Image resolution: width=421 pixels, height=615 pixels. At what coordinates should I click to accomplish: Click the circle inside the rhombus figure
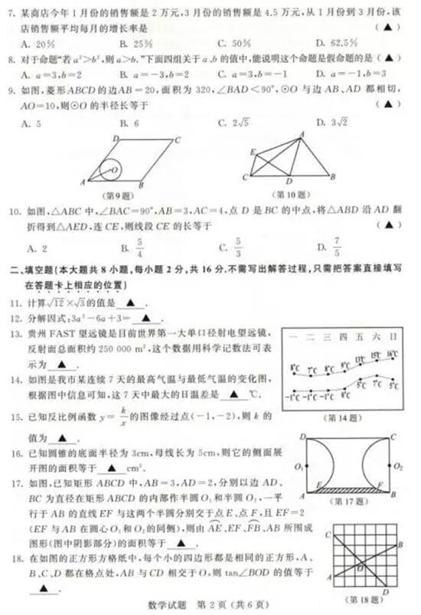click(112, 169)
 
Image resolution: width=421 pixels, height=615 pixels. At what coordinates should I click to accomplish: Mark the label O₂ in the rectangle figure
click(398, 465)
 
